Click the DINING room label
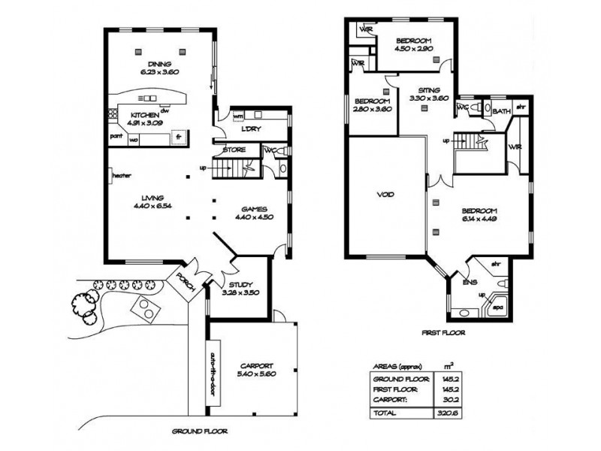(x=159, y=64)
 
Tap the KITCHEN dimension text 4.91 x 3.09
(x=143, y=123)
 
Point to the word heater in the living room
(x=122, y=176)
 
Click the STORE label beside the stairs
(x=234, y=150)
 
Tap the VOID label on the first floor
(x=385, y=195)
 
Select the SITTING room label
(x=430, y=89)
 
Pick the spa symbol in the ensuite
(x=497, y=308)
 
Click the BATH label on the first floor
(x=503, y=110)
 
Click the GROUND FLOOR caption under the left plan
(x=200, y=432)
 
